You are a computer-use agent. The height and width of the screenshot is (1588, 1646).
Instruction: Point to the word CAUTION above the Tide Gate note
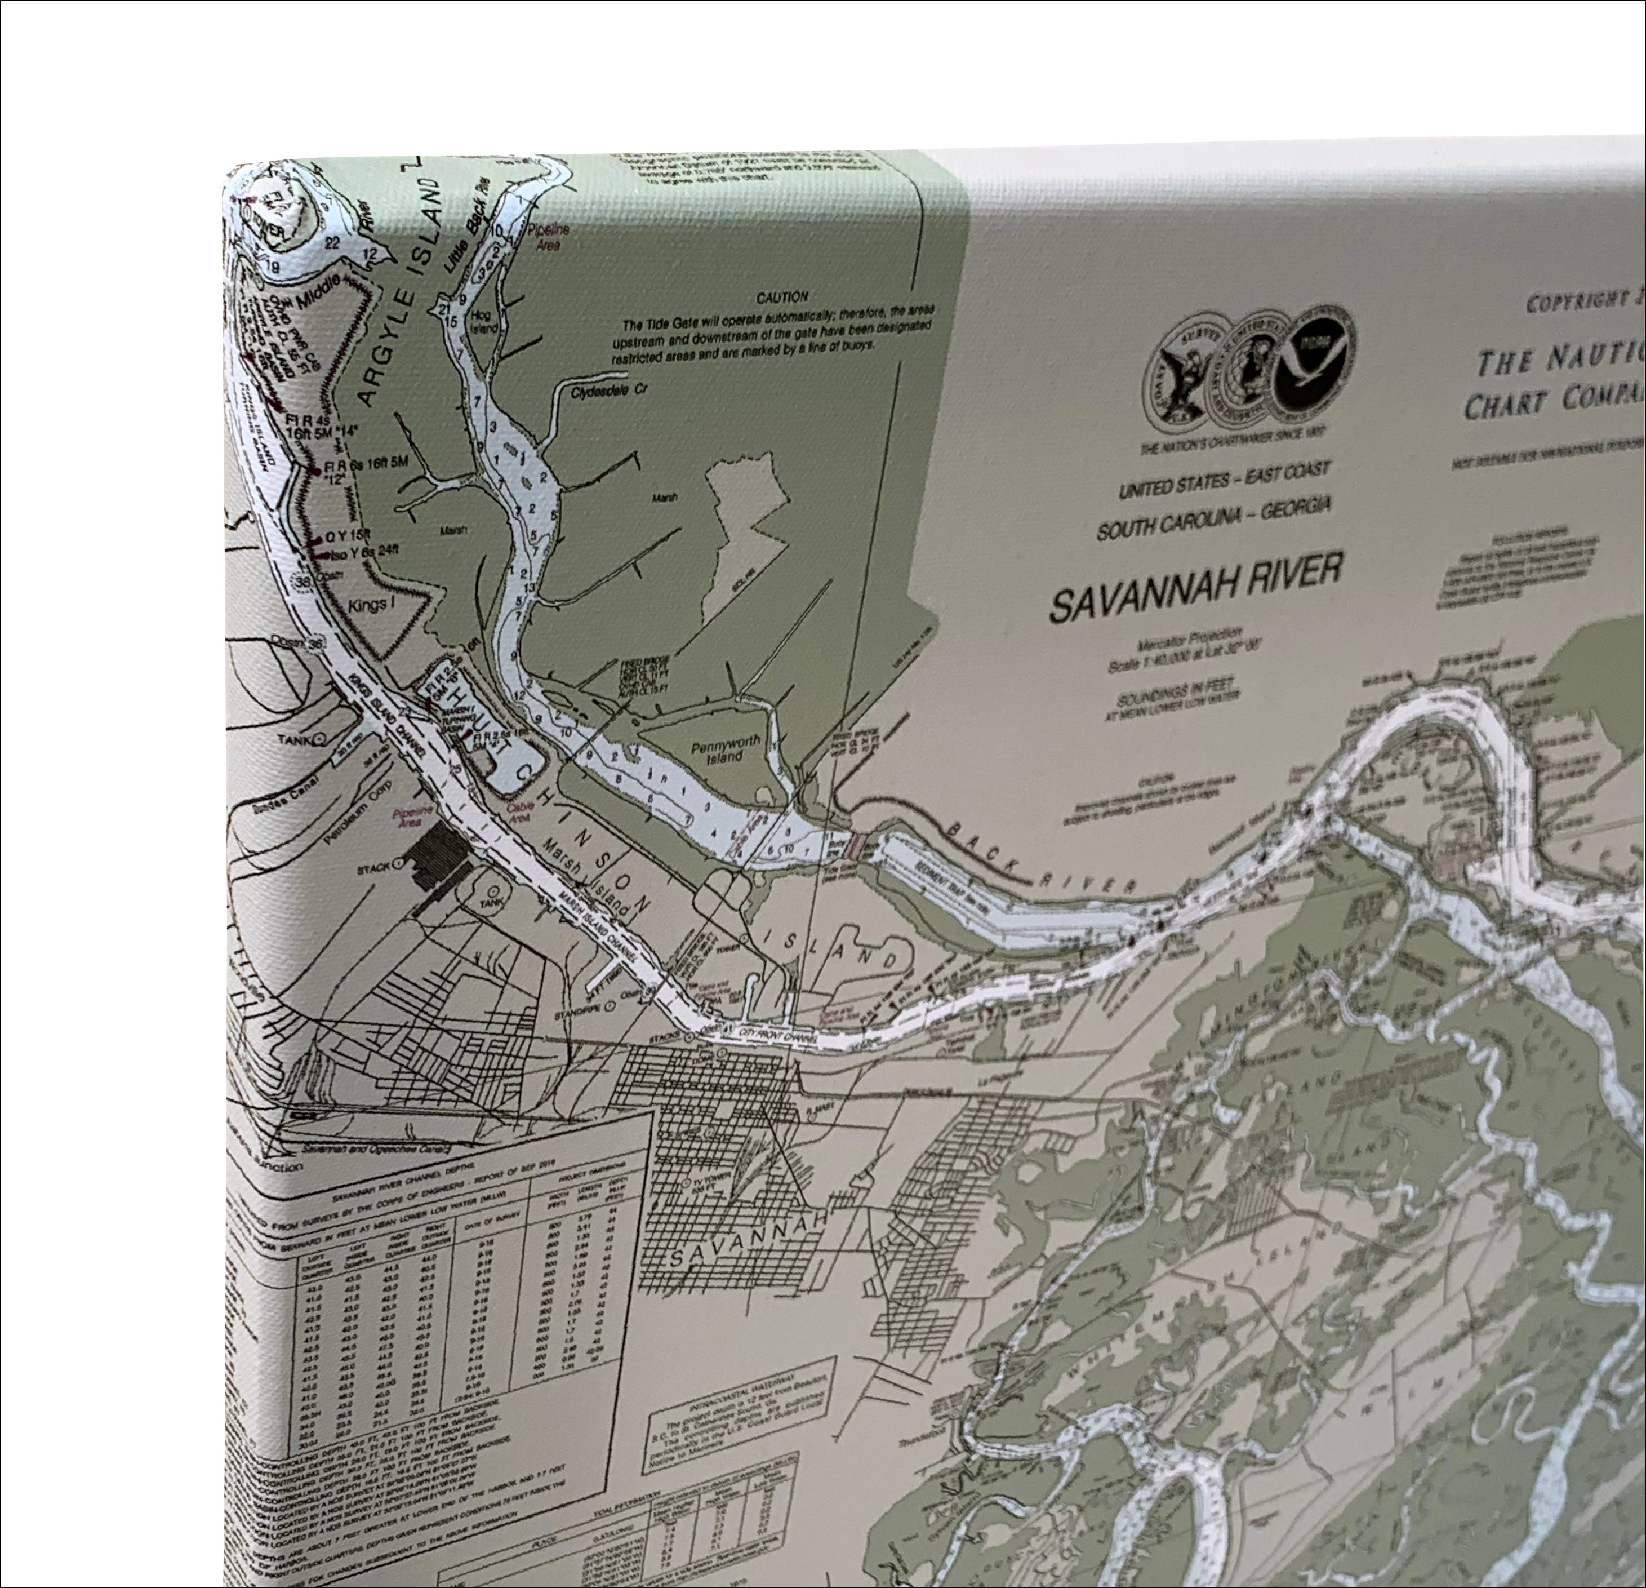click(782, 298)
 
